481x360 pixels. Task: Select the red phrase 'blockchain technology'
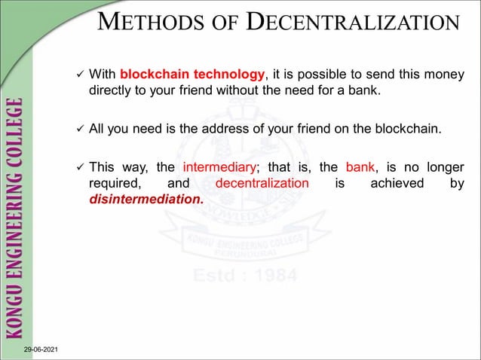click(x=193, y=75)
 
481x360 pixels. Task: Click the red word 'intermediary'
click(x=216, y=167)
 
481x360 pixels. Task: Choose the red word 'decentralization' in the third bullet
click(x=262, y=184)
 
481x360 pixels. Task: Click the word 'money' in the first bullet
click(x=446, y=75)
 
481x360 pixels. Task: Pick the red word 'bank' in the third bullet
click(x=360, y=167)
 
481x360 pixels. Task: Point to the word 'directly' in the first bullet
click(x=112, y=92)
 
